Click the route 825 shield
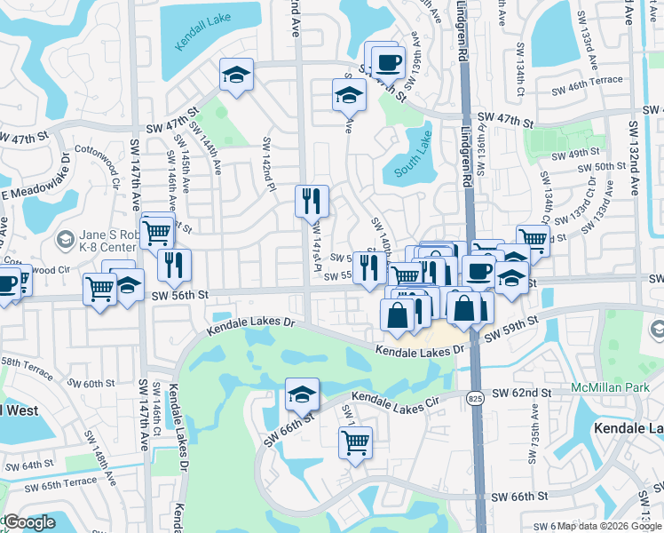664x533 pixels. coord(472,400)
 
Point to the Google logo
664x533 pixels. coord(28,522)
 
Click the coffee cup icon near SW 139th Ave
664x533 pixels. coord(388,63)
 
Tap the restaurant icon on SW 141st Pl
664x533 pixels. coord(312,201)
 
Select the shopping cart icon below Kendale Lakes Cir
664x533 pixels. coord(355,442)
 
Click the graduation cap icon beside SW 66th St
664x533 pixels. coord(302,394)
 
